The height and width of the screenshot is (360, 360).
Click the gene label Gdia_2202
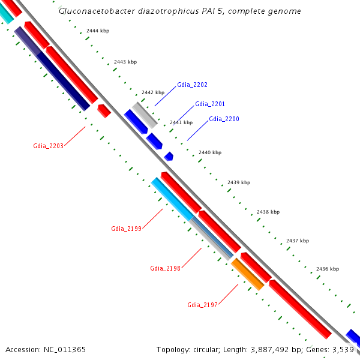coord(192,85)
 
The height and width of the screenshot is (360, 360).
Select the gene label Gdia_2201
coord(210,104)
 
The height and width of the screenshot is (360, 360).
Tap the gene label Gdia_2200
coord(224,119)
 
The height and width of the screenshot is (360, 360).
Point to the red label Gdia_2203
coord(48,146)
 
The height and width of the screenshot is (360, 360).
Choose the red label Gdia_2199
coord(126,229)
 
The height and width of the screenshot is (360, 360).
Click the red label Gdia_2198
coord(165,268)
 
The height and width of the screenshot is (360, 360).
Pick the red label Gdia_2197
coord(202,305)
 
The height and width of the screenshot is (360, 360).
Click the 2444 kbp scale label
coord(97,31)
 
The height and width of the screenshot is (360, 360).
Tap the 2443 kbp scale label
coord(125,62)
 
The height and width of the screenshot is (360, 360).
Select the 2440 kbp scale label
coord(209,153)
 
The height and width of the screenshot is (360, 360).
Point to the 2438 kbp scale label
coord(268,212)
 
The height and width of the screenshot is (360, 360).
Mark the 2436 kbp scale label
coord(327,269)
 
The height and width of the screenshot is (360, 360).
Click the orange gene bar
coord(248,275)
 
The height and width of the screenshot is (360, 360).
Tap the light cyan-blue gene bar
coord(172,199)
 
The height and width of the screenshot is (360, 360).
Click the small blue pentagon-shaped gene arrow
coord(169,156)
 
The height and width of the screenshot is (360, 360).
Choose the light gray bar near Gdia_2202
coord(145,115)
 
